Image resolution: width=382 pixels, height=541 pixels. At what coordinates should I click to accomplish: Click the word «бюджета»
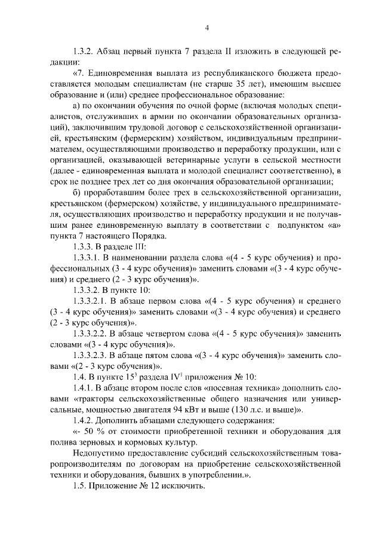pyautogui.click(x=295, y=73)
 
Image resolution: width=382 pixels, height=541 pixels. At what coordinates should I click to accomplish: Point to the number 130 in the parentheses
pyautogui.click(x=264, y=411)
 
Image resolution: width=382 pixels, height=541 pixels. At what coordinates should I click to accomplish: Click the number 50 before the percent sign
pyautogui.click(x=93, y=433)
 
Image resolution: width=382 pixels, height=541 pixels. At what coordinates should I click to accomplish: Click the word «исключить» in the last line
pyautogui.click(x=180, y=488)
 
